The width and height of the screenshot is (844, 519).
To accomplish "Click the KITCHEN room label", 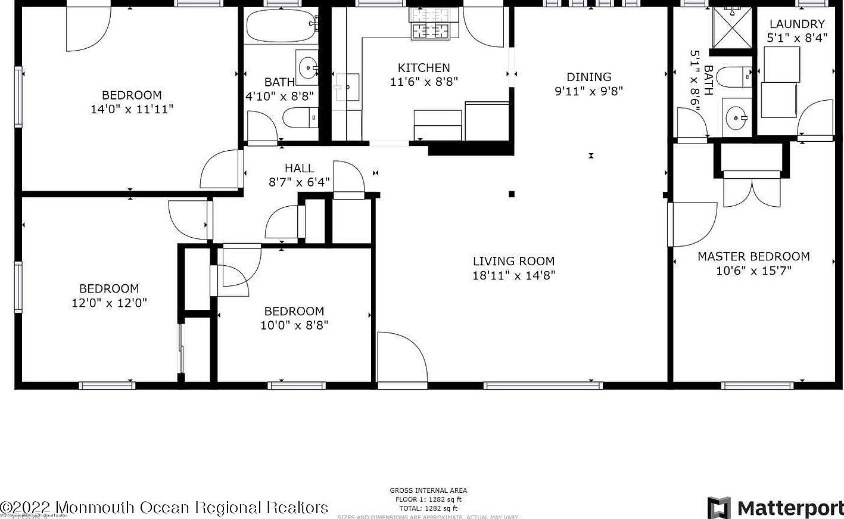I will pos(423,68).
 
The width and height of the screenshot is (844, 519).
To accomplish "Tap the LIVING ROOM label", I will pos(513,261).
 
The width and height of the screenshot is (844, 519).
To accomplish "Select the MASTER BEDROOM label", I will pos(753,257).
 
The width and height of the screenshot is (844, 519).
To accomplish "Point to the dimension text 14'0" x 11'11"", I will pos(132,110).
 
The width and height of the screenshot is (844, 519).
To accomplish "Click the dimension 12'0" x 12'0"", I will pos(109,303).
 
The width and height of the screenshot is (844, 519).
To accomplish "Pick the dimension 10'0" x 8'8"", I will pos(294,325).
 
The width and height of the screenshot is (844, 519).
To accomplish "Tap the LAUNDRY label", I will pos(796,24).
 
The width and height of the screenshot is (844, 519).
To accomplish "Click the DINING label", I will pos(588,77).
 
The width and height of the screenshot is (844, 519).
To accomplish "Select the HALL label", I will pos(299,169).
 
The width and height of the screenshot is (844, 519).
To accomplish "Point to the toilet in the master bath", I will pos(733,76).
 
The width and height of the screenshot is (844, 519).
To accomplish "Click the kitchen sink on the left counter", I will pos(347,88).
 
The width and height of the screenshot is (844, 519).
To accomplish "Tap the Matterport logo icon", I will pos(719,508).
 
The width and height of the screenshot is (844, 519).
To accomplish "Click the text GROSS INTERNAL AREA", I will pos(428,490).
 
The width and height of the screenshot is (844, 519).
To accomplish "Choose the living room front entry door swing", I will pos(400,357).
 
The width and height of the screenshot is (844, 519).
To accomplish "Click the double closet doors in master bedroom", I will pos(752,191).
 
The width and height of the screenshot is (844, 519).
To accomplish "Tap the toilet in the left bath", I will pos(298,118).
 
